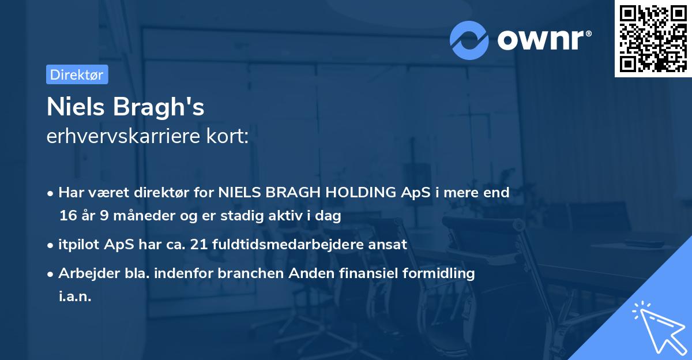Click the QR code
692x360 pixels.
653,39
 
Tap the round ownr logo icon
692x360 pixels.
469,40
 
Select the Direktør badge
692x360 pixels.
77,74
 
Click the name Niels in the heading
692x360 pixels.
78,107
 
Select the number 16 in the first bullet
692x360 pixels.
67,216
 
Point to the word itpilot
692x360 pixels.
78,244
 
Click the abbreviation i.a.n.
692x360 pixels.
75,297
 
